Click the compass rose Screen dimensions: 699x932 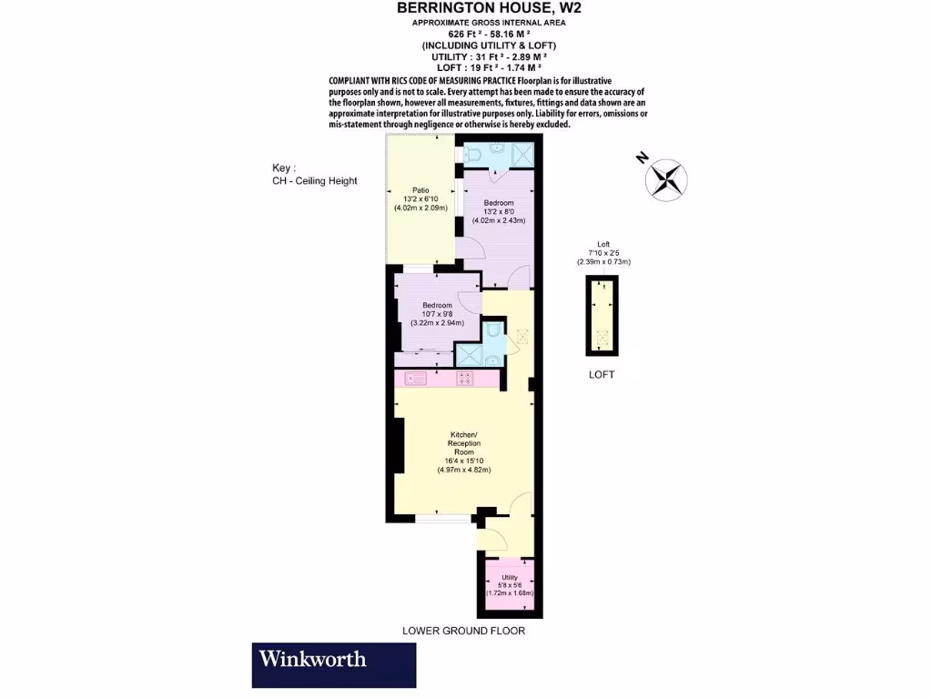668,177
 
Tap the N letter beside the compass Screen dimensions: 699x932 642,157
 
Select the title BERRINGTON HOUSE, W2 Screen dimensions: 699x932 489,8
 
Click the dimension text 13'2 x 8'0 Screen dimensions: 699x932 499,211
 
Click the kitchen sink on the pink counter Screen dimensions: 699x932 417,377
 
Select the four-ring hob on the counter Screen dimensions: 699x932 465,377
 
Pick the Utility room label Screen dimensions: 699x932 509,577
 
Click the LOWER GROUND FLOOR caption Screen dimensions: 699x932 463,631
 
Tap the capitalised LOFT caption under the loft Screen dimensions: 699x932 601,374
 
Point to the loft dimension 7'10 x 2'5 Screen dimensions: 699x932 603,254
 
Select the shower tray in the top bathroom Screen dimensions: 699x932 522,156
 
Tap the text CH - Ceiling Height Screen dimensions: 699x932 315,181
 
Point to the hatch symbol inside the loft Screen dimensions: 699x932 601,339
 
